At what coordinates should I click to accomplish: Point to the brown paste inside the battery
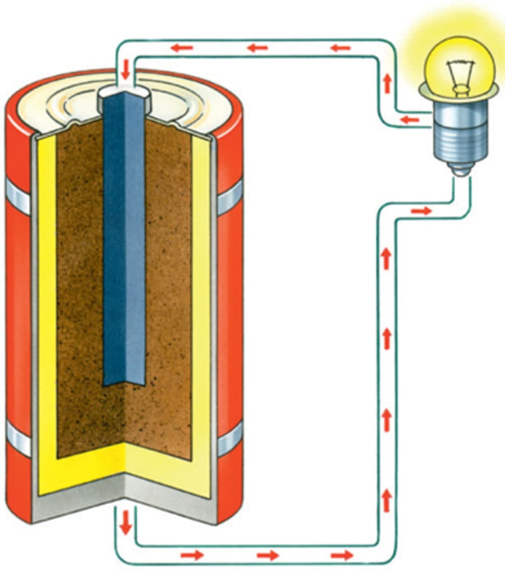pyautogui.click(x=79, y=281)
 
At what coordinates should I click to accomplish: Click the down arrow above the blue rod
pyautogui.click(x=125, y=71)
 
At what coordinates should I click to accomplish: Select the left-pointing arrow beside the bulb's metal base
pyautogui.click(x=410, y=119)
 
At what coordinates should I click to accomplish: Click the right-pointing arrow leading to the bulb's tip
pyautogui.click(x=421, y=211)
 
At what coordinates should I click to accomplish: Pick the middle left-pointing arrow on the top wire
pyautogui.click(x=258, y=48)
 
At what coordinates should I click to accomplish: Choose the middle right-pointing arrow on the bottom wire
pyautogui.click(x=268, y=555)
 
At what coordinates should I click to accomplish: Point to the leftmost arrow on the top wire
pyautogui.click(x=182, y=48)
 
